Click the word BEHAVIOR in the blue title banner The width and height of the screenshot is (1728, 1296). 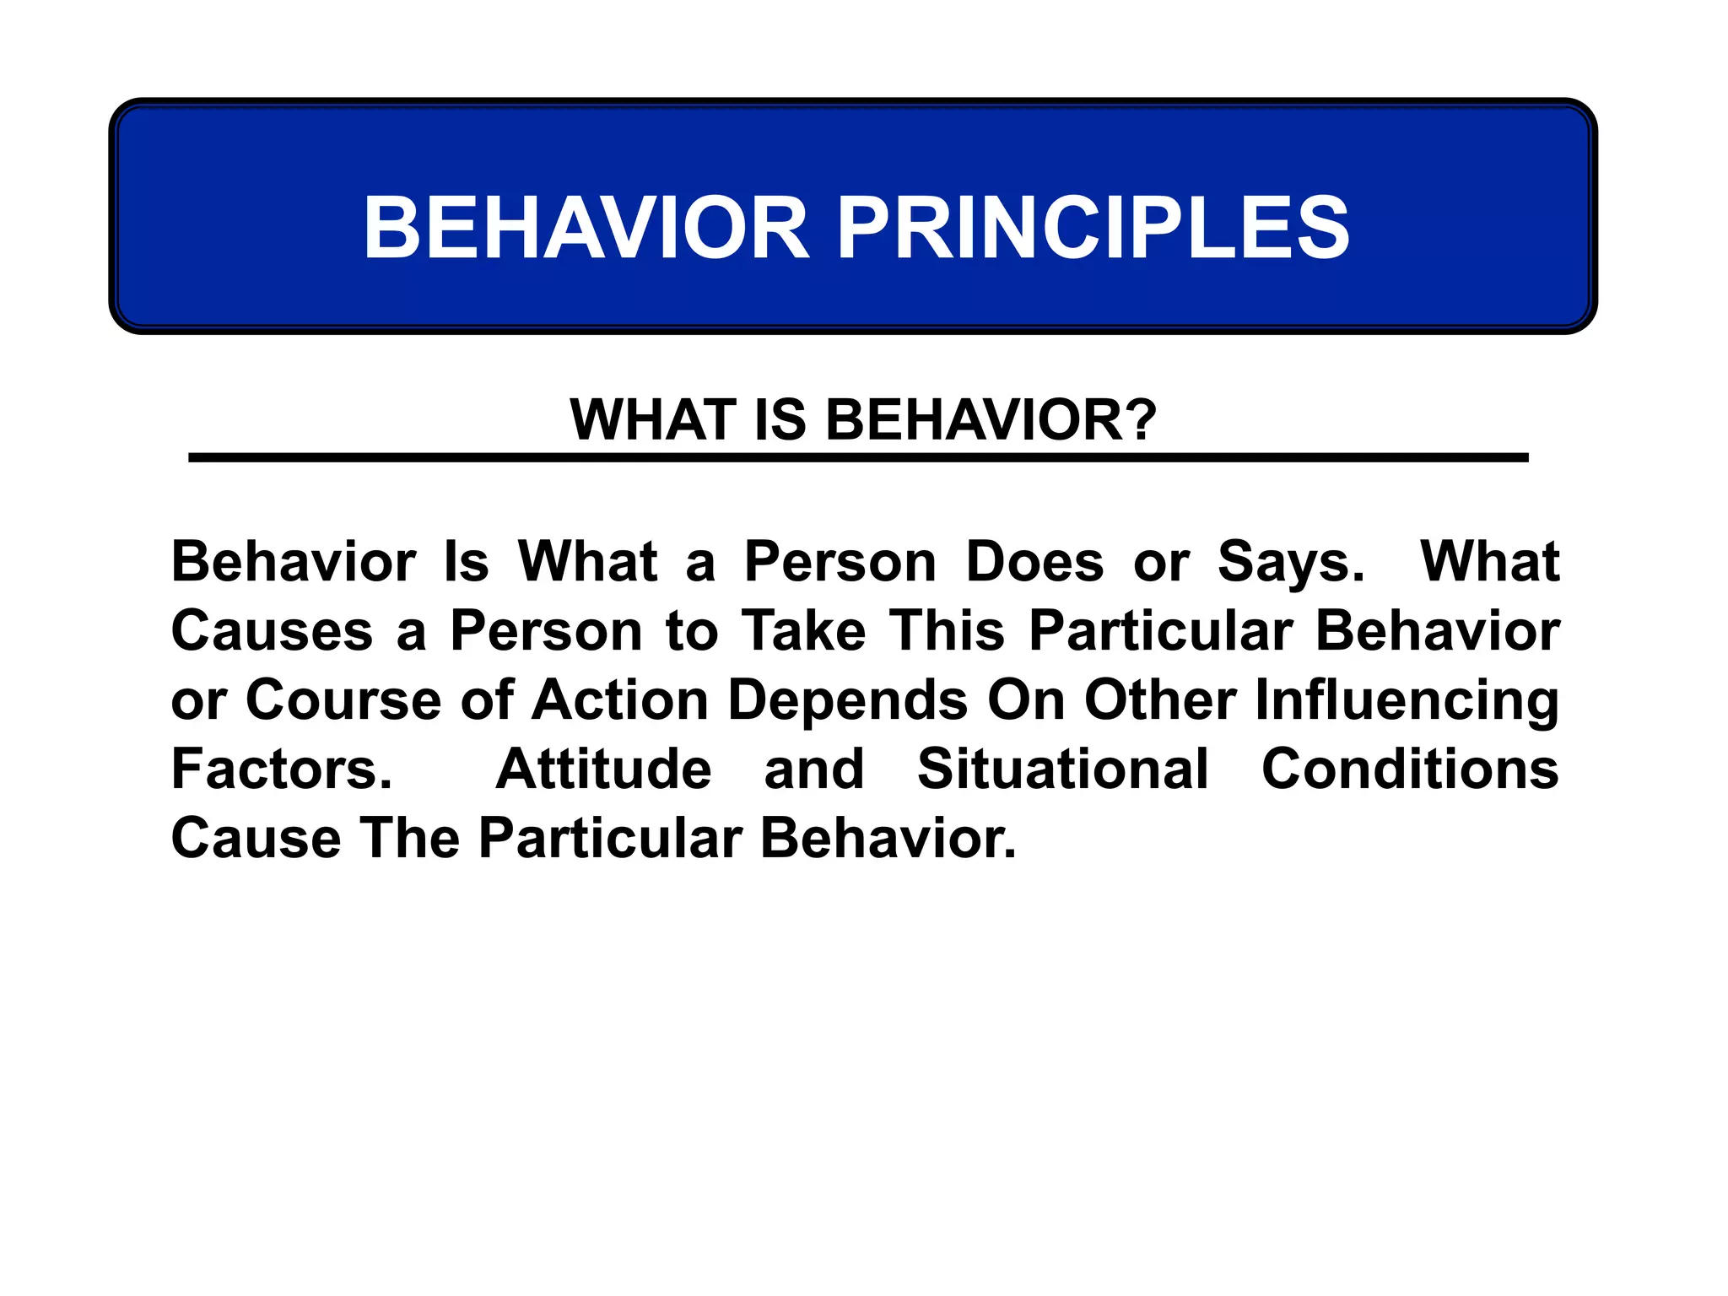pos(586,228)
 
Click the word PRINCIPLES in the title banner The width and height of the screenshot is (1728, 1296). pos(1093,228)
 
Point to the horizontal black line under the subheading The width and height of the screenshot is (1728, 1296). pos(857,457)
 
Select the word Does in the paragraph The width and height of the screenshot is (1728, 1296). pos(1034,562)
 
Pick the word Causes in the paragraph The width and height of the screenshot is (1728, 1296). pos(272,631)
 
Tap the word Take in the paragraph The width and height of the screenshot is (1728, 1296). pos(803,631)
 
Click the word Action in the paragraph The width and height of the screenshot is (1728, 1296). pos(619,700)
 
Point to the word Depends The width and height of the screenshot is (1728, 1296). pos(847,700)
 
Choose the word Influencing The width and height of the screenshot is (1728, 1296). pos(1407,700)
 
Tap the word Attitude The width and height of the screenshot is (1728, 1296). pos(603,769)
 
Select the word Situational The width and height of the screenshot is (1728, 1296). pos(1062,769)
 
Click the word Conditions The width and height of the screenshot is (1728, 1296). pos(1410,769)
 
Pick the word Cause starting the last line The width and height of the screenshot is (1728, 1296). pos(256,839)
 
